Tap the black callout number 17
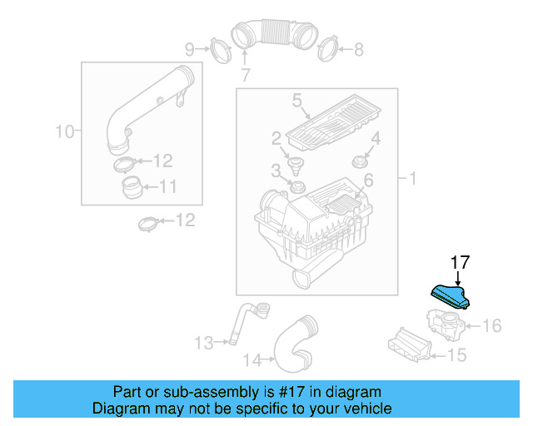(460, 263)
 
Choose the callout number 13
(204, 341)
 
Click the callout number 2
(276, 137)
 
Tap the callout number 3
(276, 171)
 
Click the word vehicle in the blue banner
(361, 409)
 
